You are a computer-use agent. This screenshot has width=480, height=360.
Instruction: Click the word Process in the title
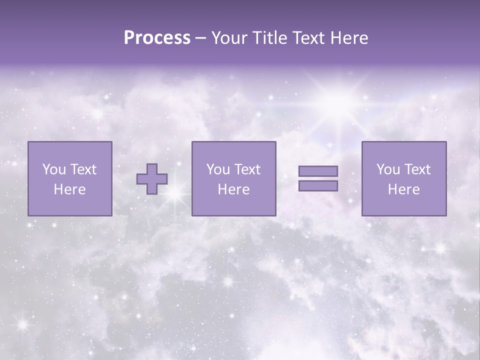157,38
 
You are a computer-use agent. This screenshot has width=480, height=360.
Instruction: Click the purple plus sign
152,179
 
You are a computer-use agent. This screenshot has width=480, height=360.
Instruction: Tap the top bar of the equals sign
318,171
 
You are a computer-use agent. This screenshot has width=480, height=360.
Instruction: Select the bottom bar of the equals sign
318,186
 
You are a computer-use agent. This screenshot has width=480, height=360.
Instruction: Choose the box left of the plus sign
70,178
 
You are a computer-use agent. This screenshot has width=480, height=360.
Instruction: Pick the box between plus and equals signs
233,178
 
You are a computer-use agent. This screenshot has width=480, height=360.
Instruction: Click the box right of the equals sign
404,178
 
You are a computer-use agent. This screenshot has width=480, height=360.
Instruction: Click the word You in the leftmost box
53,169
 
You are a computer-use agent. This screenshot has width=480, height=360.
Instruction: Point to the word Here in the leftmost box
70,189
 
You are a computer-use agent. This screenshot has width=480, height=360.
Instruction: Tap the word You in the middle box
217,169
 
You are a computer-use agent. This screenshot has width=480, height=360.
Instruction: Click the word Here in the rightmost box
404,189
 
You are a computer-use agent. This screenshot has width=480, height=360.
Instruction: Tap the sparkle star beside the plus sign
174,195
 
